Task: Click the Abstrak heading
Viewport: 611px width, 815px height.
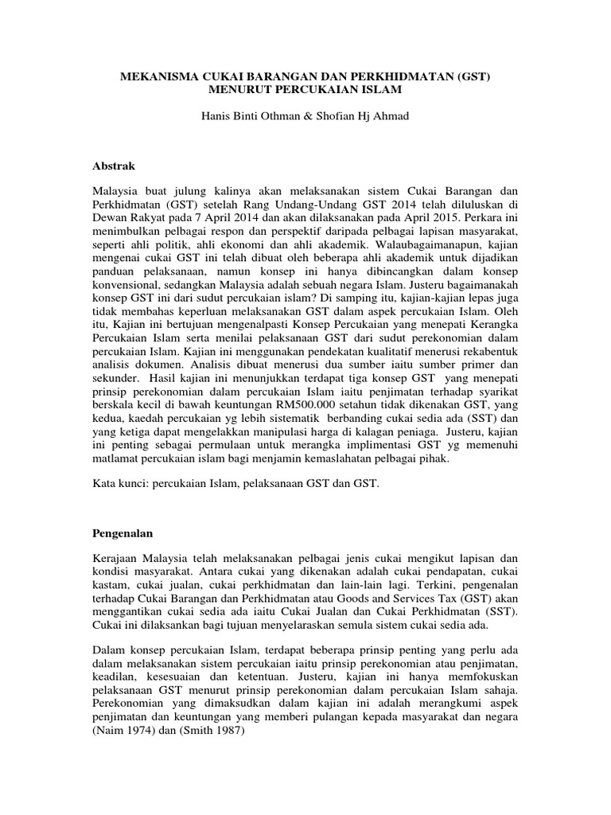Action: pos(115,166)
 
